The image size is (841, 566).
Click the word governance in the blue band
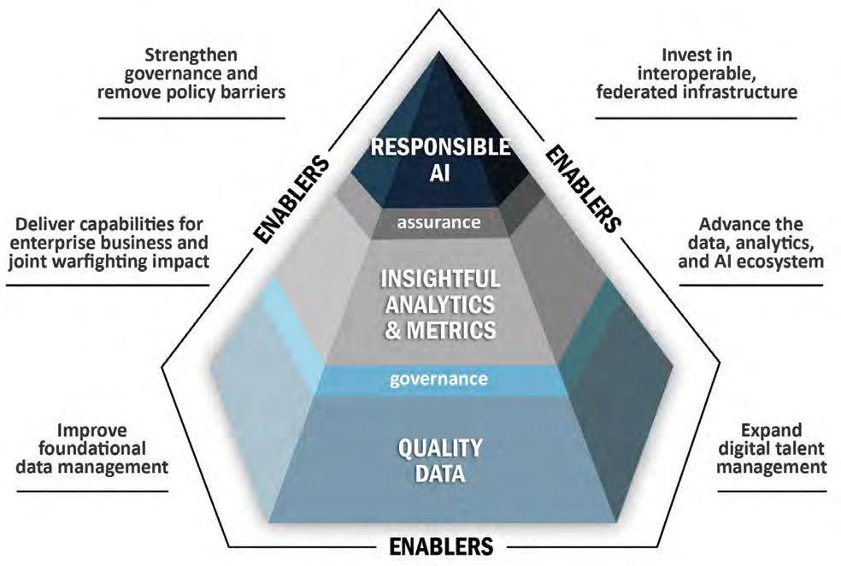tap(438, 377)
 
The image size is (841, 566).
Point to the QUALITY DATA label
tap(439, 459)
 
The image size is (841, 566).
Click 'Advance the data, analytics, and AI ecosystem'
tap(751, 244)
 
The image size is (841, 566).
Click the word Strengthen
tap(191, 56)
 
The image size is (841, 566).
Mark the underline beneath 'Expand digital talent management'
tap(771, 491)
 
